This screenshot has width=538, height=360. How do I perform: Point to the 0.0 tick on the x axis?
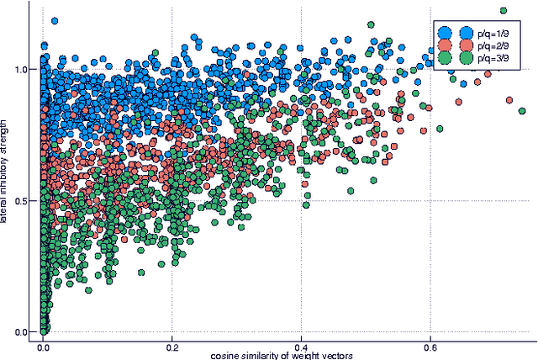point(44,345)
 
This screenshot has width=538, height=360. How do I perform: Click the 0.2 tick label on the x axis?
point(172,345)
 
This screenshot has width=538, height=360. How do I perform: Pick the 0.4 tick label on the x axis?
point(301,345)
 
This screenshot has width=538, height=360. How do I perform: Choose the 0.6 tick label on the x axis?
point(430,345)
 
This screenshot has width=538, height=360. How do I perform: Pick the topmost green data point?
point(503,11)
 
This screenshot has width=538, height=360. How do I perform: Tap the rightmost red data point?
point(509,100)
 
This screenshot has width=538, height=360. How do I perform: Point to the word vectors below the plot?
point(335,355)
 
